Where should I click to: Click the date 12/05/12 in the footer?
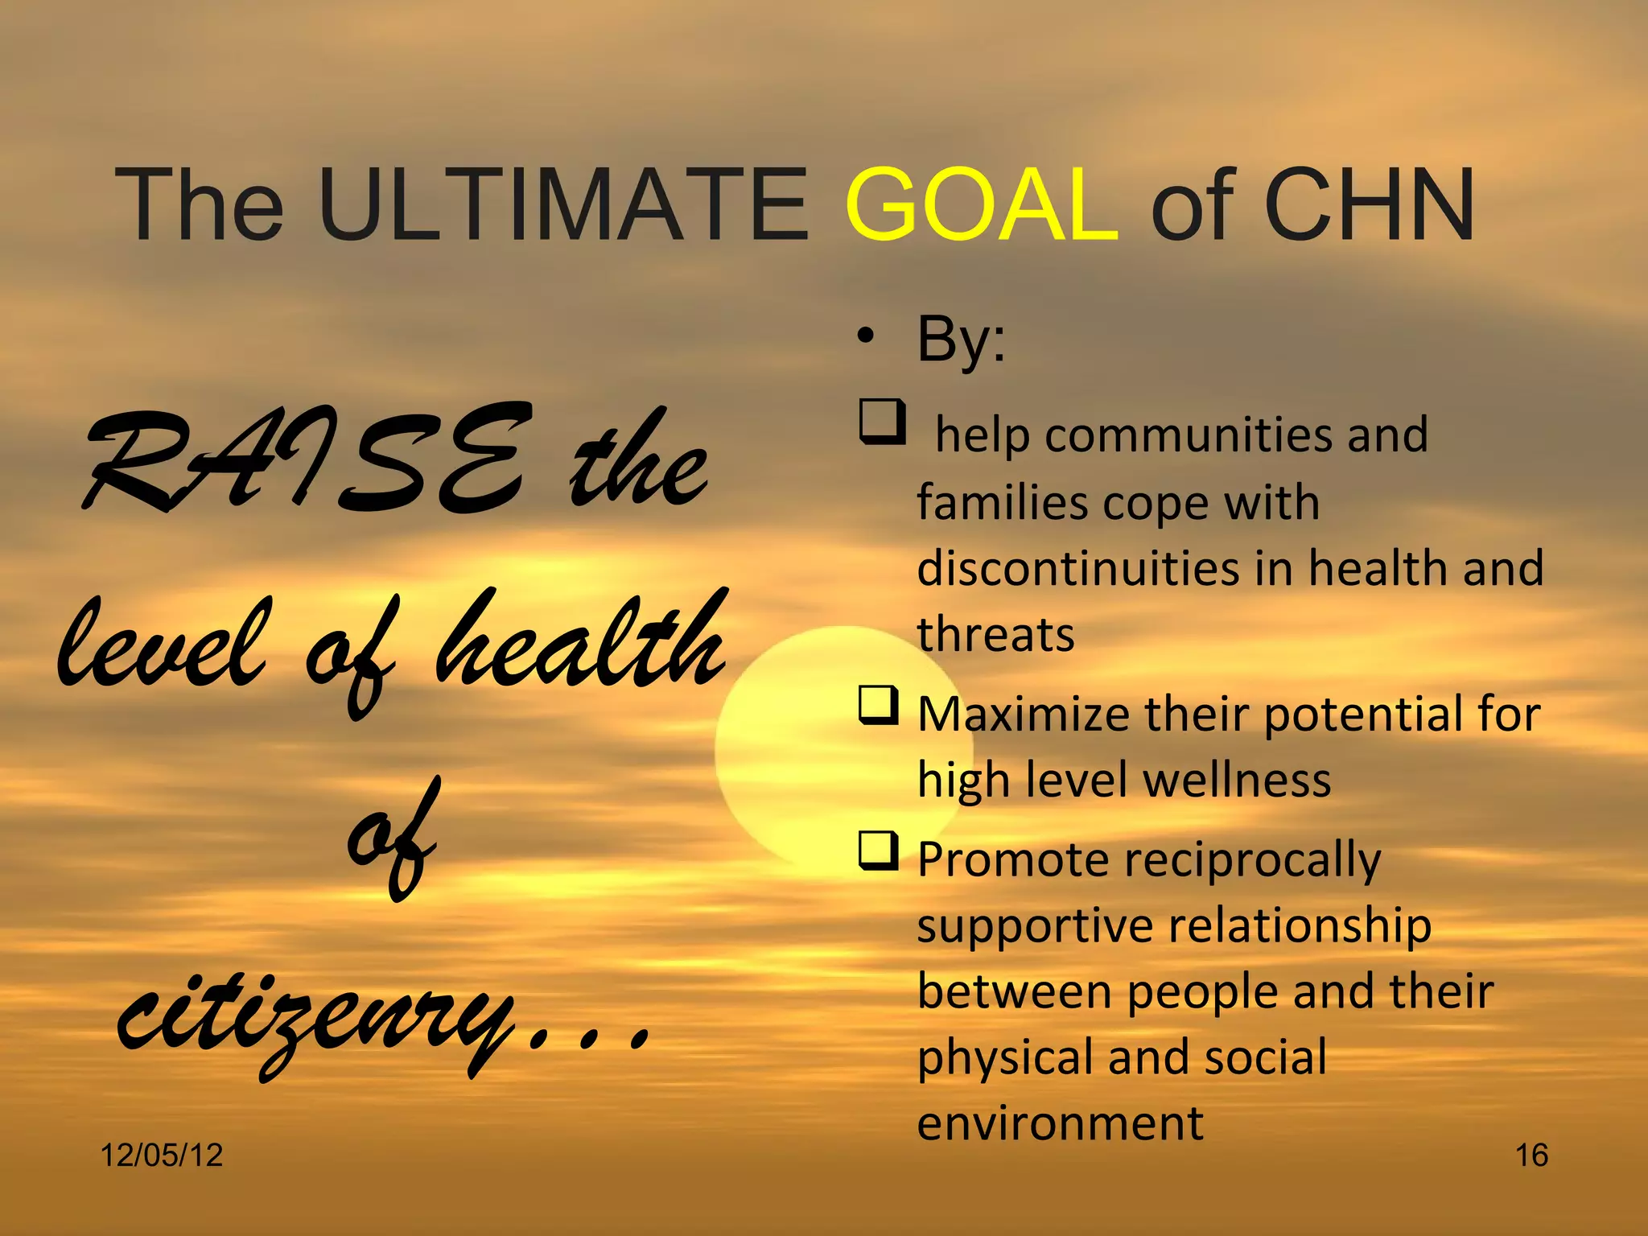click(161, 1156)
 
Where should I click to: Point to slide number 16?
click(1531, 1156)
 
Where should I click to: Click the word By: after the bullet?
click(961, 340)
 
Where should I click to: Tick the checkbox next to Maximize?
click(879, 706)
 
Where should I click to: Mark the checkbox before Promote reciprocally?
click(879, 851)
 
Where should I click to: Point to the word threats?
click(995, 635)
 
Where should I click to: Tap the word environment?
click(1060, 1123)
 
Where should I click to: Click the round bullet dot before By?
click(864, 338)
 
